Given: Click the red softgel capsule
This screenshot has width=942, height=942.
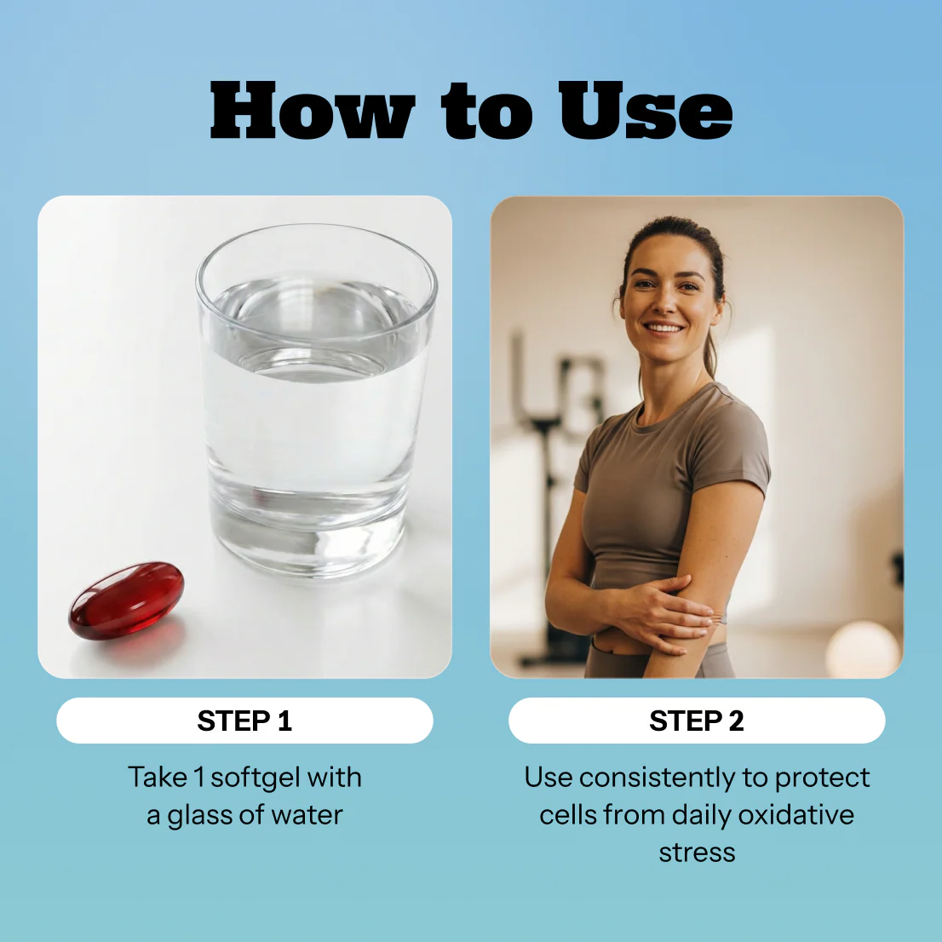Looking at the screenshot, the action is point(126,600).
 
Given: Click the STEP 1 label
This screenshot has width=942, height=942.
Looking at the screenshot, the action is point(244,721).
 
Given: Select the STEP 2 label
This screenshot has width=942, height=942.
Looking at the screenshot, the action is point(697,721).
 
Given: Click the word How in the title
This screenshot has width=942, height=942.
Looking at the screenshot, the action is point(313,111).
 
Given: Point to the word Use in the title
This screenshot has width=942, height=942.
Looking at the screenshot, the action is point(646,111).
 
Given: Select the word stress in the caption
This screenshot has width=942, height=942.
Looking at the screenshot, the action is point(697,853).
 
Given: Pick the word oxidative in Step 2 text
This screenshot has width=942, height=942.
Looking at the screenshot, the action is point(796,814).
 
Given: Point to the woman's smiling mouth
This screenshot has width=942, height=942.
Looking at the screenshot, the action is point(663,328).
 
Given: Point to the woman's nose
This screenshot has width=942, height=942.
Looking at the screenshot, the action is point(663,303).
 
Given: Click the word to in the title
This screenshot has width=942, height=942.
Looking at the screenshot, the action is point(486,111).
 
